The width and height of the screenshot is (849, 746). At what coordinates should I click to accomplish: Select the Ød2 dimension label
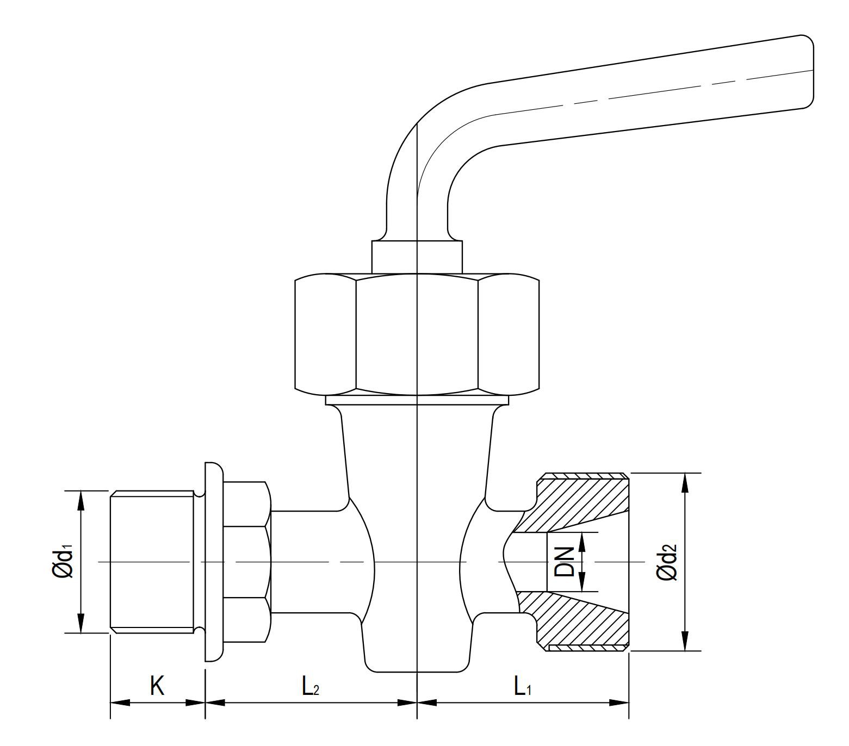click(x=667, y=562)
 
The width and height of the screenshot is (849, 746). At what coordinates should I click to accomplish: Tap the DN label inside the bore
click(x=565, y=562)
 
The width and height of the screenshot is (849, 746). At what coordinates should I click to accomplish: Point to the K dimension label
click(x=157, y=686)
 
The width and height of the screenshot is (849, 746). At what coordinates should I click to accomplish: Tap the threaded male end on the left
click(x=152, y=562)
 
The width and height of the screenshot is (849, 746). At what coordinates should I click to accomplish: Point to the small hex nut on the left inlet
click(x=246, y=562)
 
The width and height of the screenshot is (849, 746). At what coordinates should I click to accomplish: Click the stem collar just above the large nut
click(x=417, y=256)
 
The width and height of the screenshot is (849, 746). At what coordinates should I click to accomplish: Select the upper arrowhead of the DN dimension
click(x=581, y=542)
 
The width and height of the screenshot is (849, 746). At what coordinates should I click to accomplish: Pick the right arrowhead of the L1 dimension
click(x=620, y=702)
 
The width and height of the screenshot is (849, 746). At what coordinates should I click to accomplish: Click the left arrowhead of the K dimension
click(x=120, y=702)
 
